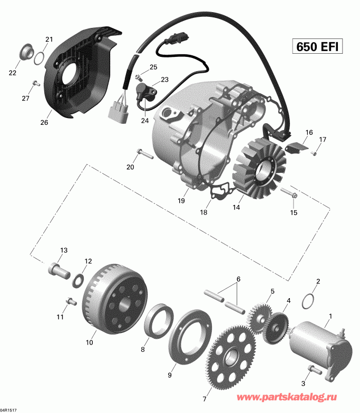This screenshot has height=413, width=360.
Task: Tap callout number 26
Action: (x=44, y=123)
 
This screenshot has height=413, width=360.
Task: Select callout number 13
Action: (x=64, y=250)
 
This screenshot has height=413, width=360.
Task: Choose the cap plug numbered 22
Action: (x=24, y=54)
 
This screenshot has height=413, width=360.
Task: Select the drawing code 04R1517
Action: (x=9, y=409)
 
